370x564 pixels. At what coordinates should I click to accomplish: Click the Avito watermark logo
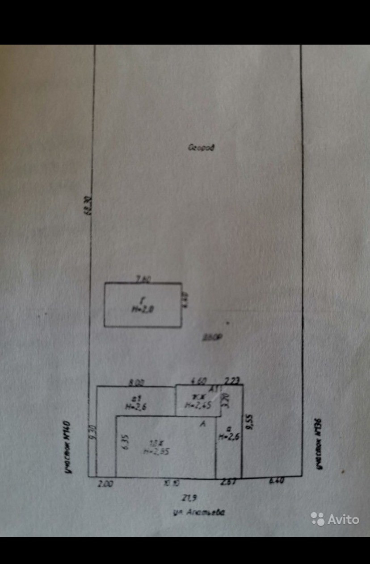click(335, 519)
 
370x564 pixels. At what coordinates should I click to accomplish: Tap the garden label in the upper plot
click(201, 148)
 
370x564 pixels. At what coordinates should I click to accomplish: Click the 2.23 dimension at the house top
click(233, 381)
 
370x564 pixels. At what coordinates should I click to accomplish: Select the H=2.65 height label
click(198, 406)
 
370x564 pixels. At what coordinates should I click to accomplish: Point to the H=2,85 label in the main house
click(156, 451)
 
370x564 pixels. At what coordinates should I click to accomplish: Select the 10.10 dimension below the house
click(168, 483)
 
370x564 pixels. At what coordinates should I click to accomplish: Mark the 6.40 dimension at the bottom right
click(277, 481)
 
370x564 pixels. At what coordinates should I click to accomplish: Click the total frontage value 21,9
click(187, 497)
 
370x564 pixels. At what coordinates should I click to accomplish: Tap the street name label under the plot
click(199, 513)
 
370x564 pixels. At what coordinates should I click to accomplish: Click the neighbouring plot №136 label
click(319, 446)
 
